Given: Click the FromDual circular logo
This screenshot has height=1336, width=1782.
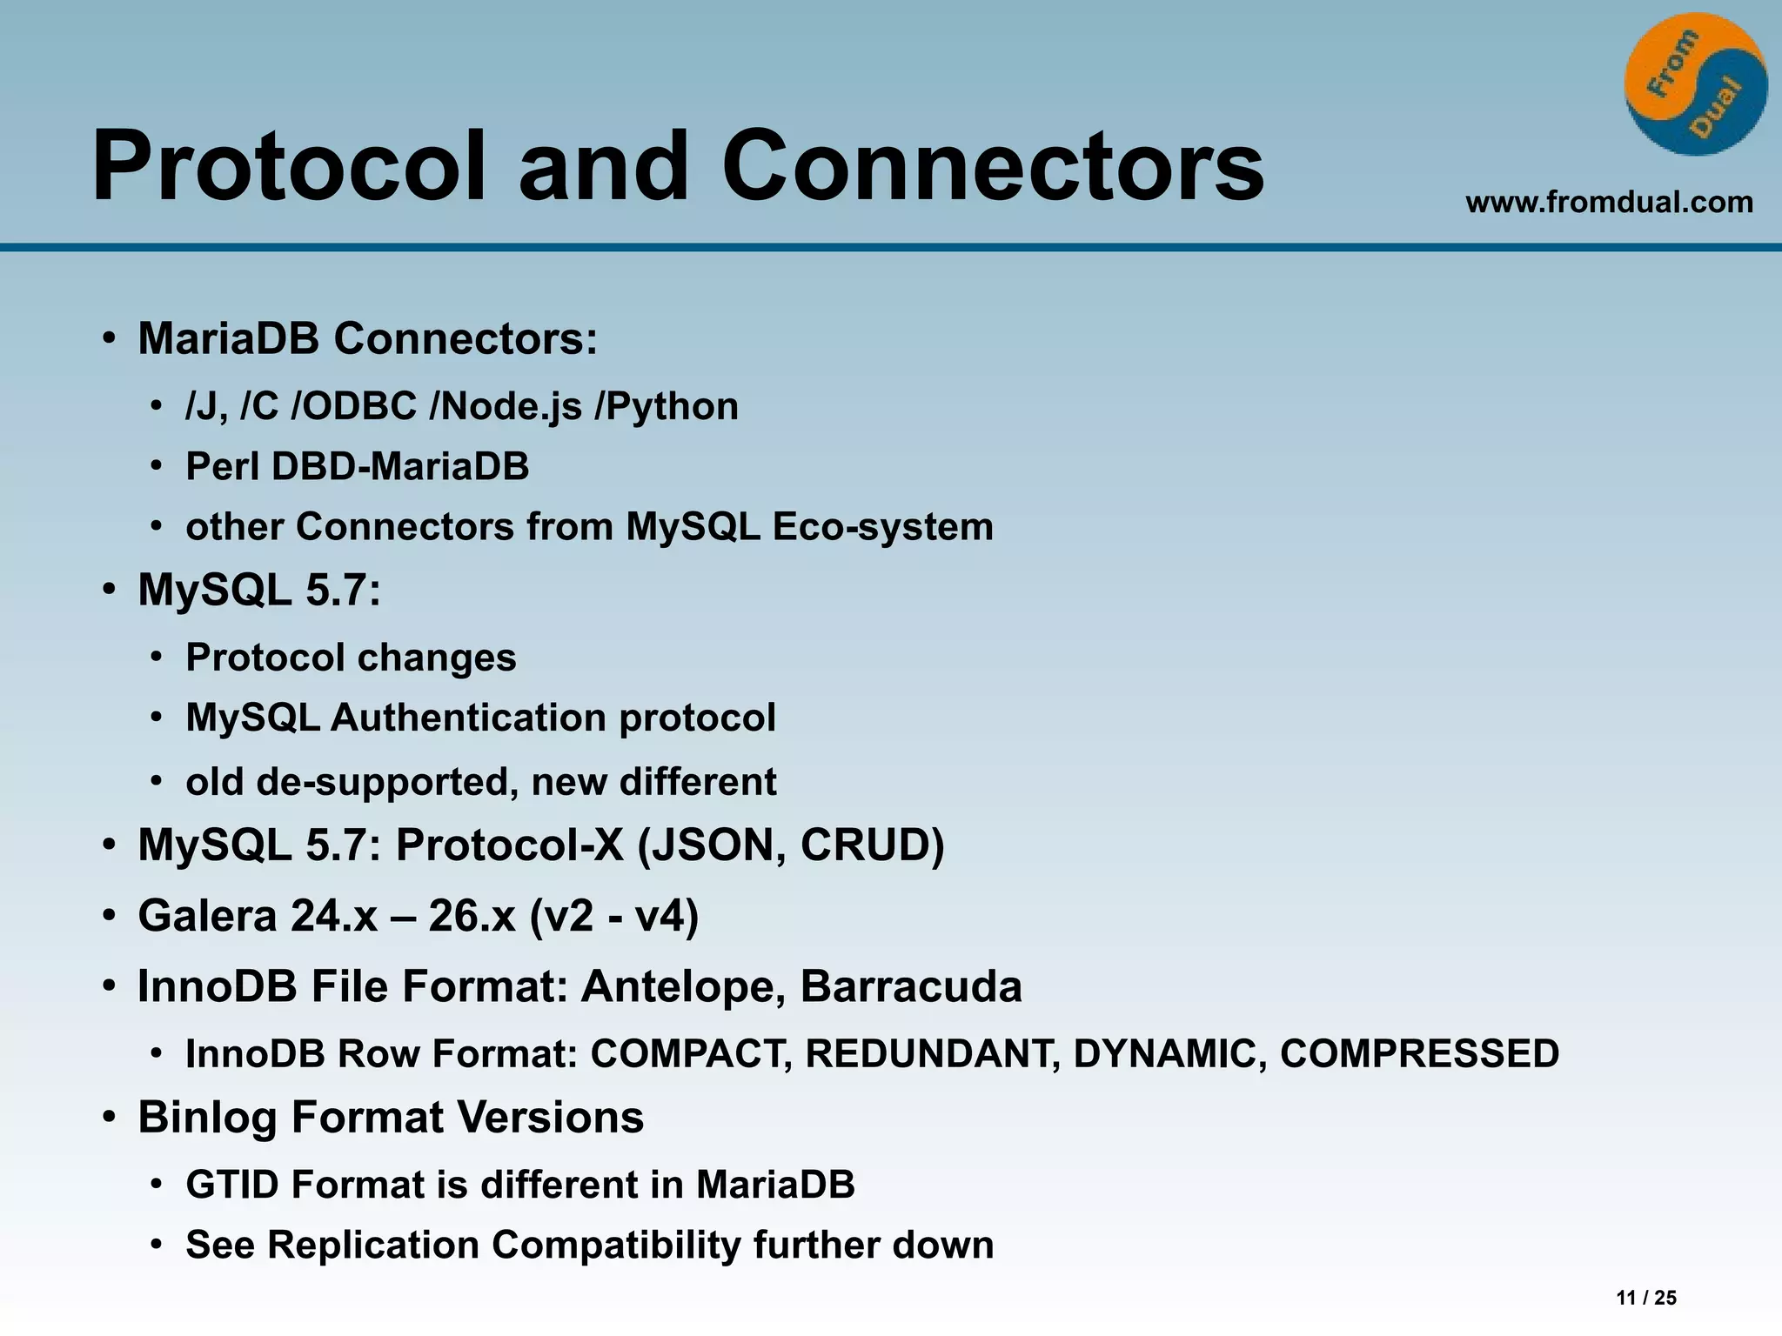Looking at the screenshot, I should click(1695, 85).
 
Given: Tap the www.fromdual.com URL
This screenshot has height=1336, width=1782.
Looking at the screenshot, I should click(1609, 203).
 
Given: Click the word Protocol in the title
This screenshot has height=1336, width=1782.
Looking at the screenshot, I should click(287, 165).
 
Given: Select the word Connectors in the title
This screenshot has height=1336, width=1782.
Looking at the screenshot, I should click(992, 165).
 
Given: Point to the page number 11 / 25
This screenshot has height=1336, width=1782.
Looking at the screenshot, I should click(1645, 1298).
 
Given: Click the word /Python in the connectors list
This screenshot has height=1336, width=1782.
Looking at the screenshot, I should click(667, 407).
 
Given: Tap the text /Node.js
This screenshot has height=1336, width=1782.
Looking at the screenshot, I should click(506, 407).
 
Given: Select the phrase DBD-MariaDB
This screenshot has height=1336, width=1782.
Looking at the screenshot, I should click(399, 467).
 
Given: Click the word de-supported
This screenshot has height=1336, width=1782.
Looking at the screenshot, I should click(381, 782).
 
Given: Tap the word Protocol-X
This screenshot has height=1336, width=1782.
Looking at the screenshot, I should click(509, 845).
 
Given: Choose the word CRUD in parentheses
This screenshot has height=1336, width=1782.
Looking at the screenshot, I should click(870, 845).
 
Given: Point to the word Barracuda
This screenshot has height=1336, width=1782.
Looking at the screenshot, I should click(910, 987).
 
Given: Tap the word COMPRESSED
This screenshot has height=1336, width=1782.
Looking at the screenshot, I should click(1419, 1054).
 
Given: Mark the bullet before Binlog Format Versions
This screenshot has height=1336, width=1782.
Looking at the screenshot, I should click(109, 1119).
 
